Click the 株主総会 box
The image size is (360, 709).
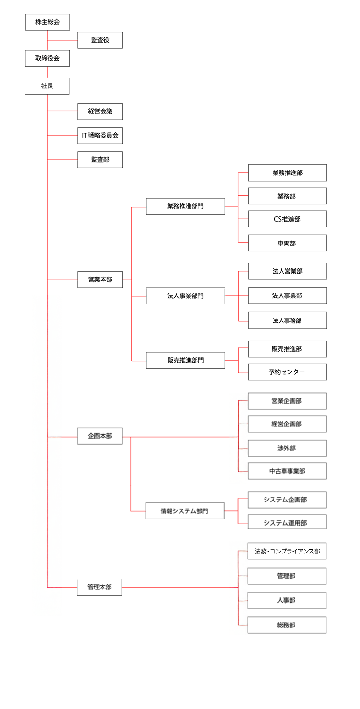point(47,22)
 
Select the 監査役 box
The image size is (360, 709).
point(100,40)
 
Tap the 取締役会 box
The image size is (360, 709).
point(47,58)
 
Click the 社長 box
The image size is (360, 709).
point(47,86)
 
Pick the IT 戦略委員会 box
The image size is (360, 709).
point(100,136)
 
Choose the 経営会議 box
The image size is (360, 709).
point(100,112)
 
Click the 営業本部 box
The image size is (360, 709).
point(100,280)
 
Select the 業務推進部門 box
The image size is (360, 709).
point(185,207)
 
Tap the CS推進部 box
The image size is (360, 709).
point(287,219)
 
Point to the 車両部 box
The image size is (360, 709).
point(287,243)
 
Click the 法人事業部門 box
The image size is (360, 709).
point(185,296)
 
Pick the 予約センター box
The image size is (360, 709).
point(287,372)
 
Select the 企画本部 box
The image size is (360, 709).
point(100,436)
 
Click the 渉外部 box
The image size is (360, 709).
point(287,448)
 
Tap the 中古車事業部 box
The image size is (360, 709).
point(287,471)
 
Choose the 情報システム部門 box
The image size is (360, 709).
point(185,511)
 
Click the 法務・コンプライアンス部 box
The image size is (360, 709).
point(287,551)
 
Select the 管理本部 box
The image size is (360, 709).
point(100,587)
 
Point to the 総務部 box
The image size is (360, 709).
point(287,625)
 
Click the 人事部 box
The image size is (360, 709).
point(287,601)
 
